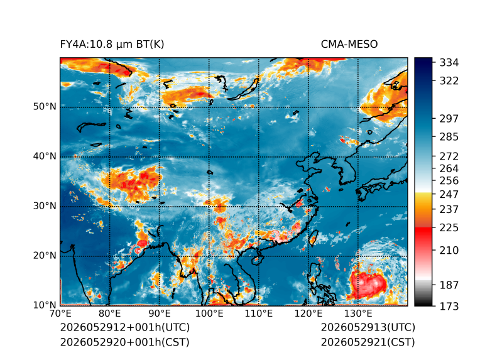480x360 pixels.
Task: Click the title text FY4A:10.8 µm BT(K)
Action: [112, 45]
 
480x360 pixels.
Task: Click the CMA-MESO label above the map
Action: [349, 45]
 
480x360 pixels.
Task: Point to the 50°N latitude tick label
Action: [45, 107]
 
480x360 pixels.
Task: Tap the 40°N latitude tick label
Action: [45, 156]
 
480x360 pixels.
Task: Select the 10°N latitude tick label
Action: [45, 305]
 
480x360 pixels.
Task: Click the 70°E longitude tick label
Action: [60, 314]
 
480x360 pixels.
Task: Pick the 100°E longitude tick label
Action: [209, 314]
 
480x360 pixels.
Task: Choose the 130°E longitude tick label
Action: [358, 314]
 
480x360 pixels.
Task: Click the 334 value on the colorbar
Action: [449, 63]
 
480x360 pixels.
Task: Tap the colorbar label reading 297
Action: [449, 119]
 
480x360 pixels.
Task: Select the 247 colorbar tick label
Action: [449, 194]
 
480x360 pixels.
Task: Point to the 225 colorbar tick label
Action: [449, 228]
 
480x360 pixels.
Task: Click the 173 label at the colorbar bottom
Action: [449, 306]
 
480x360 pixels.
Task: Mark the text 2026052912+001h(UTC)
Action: [125, 327]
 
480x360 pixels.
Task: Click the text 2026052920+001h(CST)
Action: [125, 342]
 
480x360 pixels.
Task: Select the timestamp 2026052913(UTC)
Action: [368, 327]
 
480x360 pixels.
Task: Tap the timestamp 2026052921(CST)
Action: [368, 342]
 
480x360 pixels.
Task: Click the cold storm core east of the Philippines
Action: [371, 283]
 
